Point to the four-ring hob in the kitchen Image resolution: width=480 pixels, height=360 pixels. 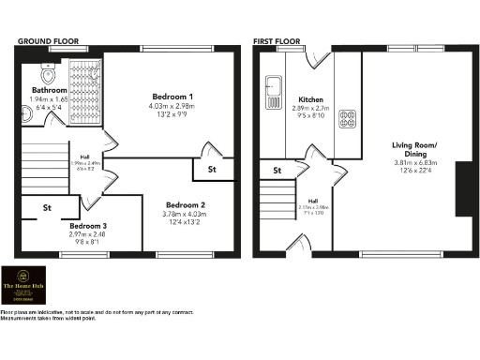pyautogui.click(x=347, y=118)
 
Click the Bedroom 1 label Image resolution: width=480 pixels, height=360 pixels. pyautogui.click(x=172, y=97)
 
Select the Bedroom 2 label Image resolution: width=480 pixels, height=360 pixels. pyautogui.click(x=185, y=204)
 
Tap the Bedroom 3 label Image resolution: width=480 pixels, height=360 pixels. pyautogui.click(x=87, y=225)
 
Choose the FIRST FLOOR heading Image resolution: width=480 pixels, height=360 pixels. pyautogui.click(x=277, y=42)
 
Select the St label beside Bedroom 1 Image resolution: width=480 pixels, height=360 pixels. pyautogui.click(x=213, y=170)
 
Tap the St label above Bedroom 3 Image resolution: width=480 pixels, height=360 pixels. pyautogui.click(x=48, y=209)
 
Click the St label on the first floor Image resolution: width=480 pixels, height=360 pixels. pyautogui.click(x=277, y=171)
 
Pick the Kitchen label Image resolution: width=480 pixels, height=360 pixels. pyautogui.click(x=311, y=99)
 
